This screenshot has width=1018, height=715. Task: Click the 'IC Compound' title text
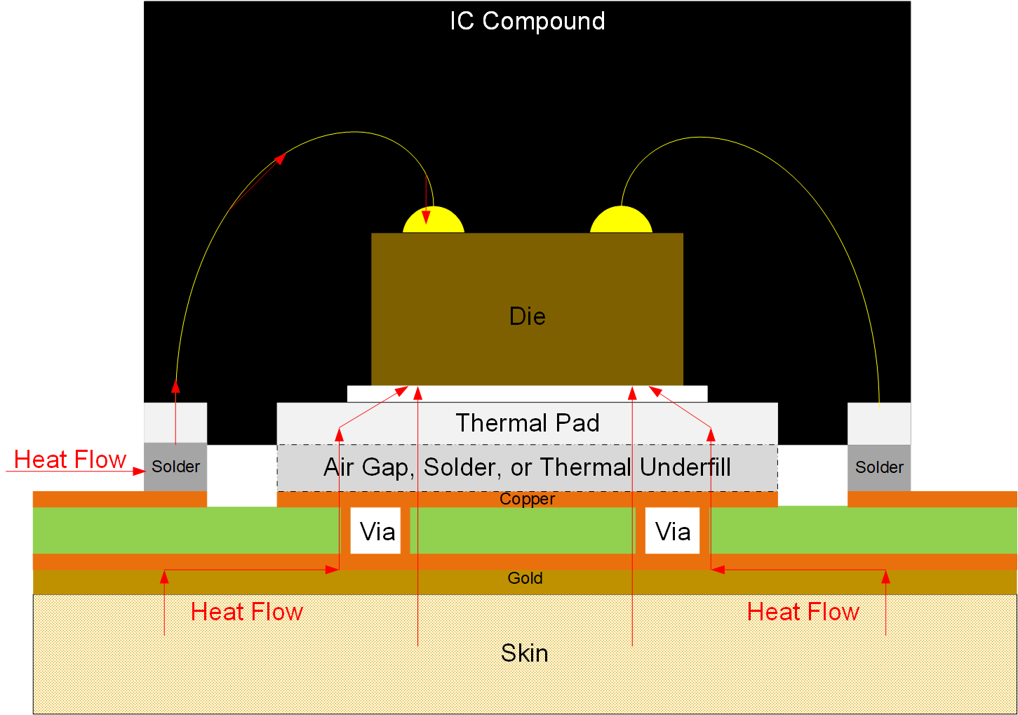click(527, 21)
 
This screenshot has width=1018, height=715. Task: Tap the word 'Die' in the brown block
click(527, 316)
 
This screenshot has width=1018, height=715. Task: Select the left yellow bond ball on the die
click(434, 221)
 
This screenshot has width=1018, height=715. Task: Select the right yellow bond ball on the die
click(621, 220)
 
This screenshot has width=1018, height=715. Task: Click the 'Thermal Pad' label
click(527, 423)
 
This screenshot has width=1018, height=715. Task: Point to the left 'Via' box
click(376, 531)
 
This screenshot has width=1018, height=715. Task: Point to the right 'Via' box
click(672, 531)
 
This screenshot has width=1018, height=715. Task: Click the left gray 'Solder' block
click(175, 467)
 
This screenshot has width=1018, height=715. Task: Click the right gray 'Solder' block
click(879, 467)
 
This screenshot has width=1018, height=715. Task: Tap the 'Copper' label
click(527, 499)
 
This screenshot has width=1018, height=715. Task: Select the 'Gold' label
click(525, 578)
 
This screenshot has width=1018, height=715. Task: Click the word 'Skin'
click(524, 653)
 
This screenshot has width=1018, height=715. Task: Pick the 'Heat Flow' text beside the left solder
click(70, 460)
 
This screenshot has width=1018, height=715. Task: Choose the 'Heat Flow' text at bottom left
click(247, 612)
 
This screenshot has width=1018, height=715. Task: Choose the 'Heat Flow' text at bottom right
click(803, 612)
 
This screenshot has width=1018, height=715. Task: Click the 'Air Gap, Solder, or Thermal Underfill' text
click(527, 467)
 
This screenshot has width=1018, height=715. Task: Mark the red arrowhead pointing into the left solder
click(138, 471)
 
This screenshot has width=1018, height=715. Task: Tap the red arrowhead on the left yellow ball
click(427, 218)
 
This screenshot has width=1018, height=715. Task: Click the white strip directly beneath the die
click(527, 394)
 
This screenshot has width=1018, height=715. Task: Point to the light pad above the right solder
click(879, 423)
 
